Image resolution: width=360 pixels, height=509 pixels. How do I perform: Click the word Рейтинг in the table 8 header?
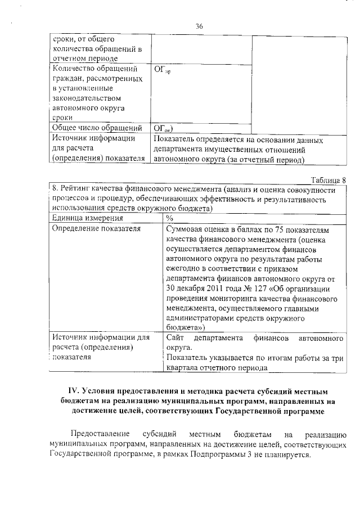(78, 189)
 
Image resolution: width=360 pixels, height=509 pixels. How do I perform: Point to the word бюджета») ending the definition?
(185, 326)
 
